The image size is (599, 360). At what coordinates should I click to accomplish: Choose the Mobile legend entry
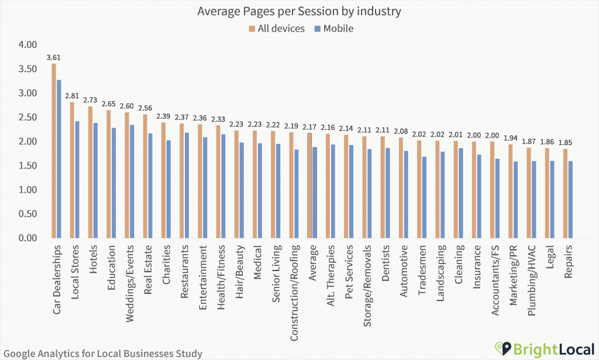(333, 28)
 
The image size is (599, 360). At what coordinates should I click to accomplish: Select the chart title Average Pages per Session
(299, 11)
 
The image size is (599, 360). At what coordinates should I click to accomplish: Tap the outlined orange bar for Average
(309, 186)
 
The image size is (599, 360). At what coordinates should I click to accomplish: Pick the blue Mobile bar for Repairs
(570, 200)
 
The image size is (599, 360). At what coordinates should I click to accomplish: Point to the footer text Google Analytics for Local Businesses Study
(102, 354)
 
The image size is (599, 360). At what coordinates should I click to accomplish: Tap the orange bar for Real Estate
(145, 176)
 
